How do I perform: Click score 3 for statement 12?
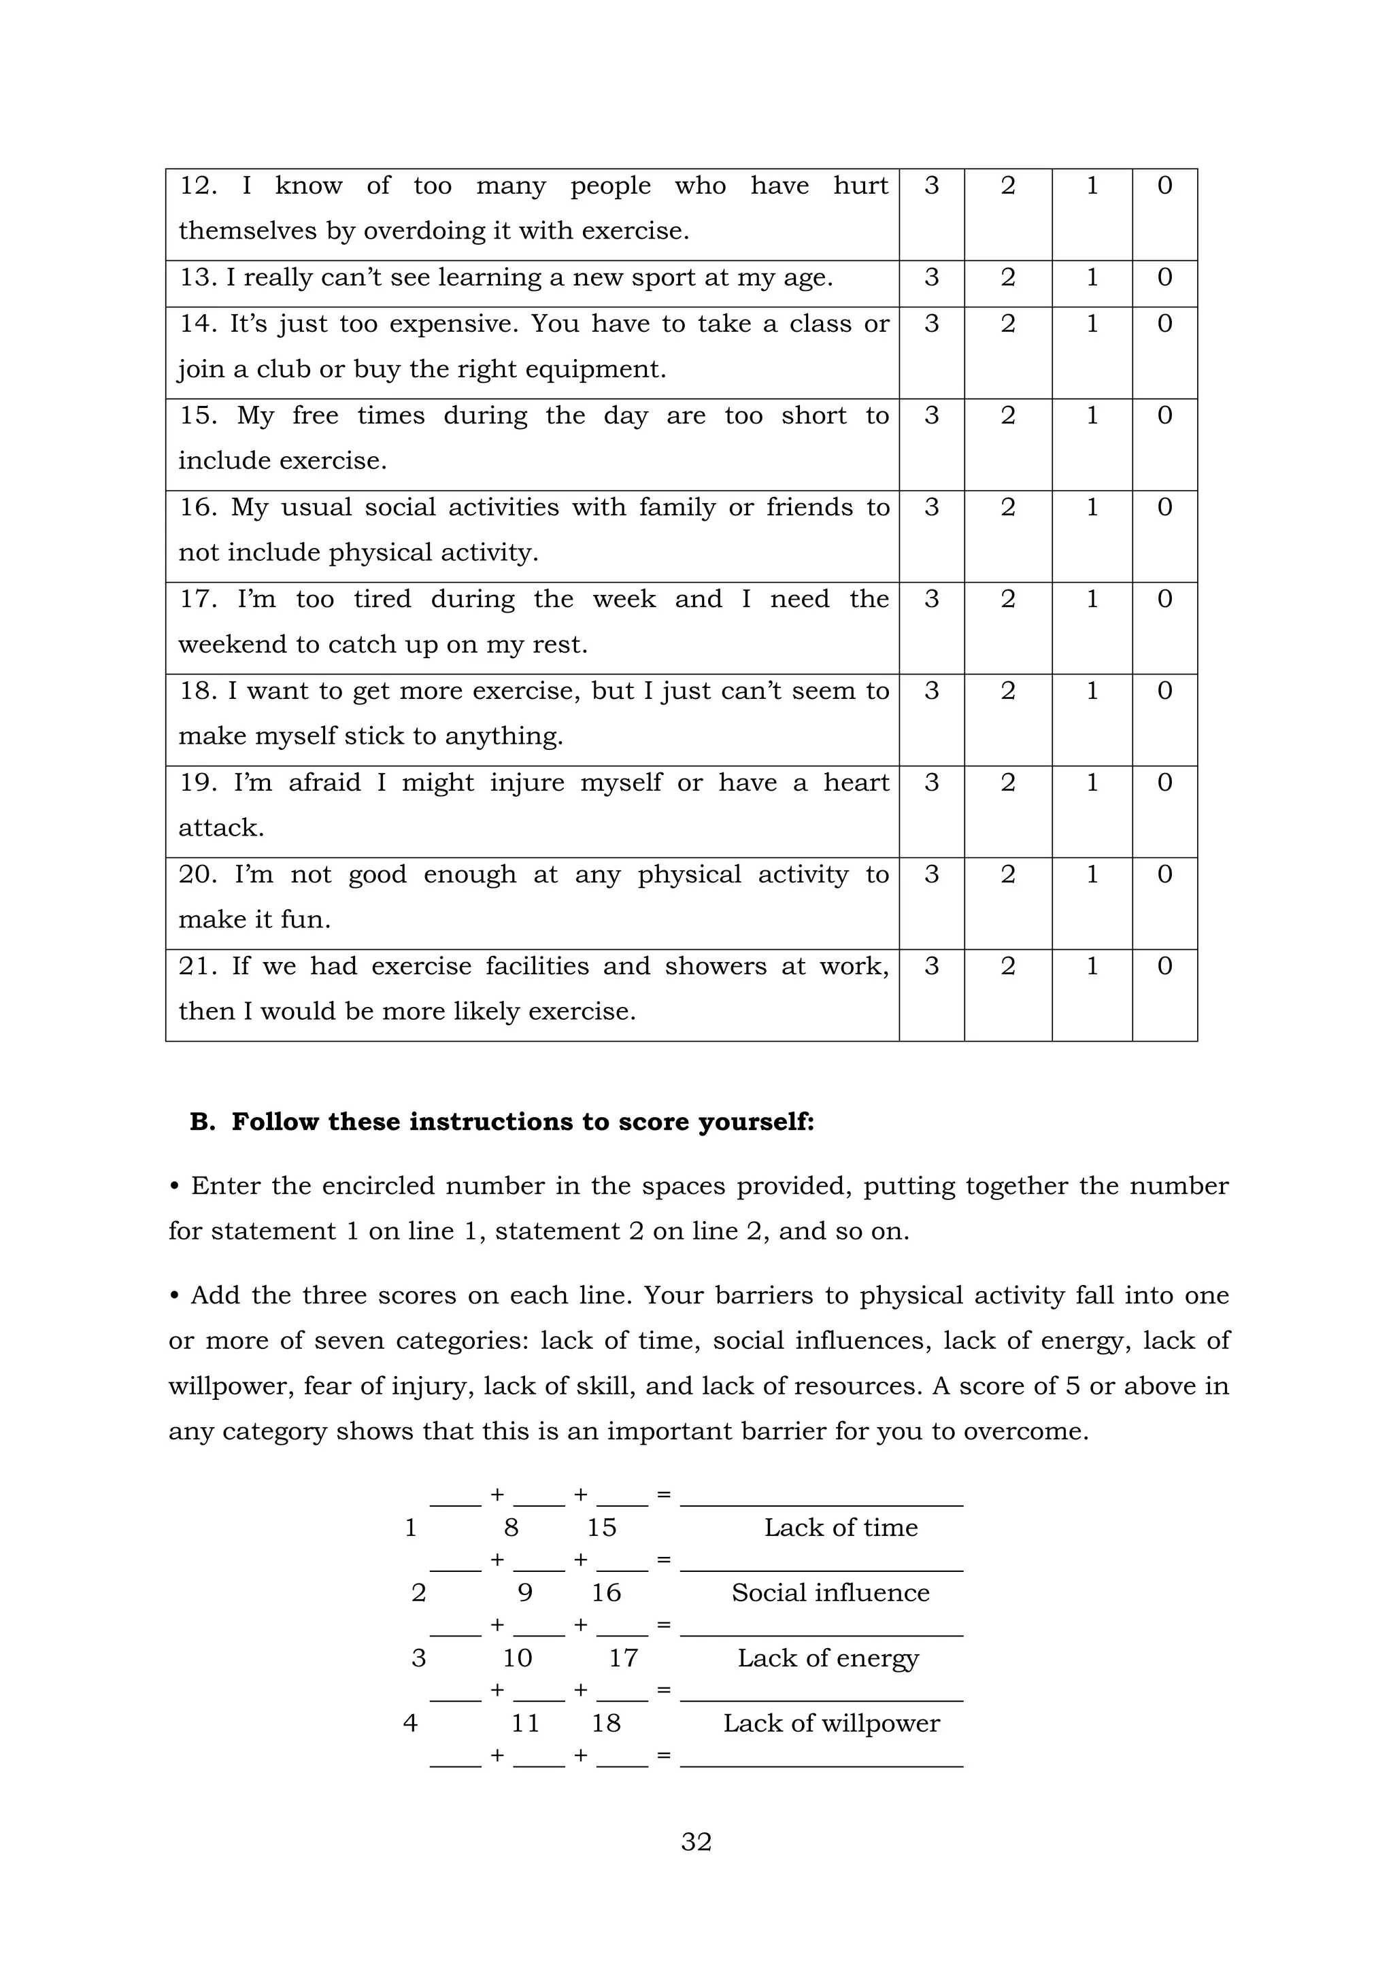932,186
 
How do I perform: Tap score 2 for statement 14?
1008,324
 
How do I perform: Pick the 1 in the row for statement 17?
1092,600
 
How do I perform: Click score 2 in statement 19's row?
1008,783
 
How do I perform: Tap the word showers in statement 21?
716,967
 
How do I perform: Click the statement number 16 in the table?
197,508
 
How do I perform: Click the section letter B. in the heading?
203,1122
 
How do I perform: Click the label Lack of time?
841,1527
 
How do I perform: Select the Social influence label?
830,1592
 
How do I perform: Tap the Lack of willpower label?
831,1723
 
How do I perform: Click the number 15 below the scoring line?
601,1527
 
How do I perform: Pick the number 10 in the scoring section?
517,1658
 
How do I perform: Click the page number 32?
696,1841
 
